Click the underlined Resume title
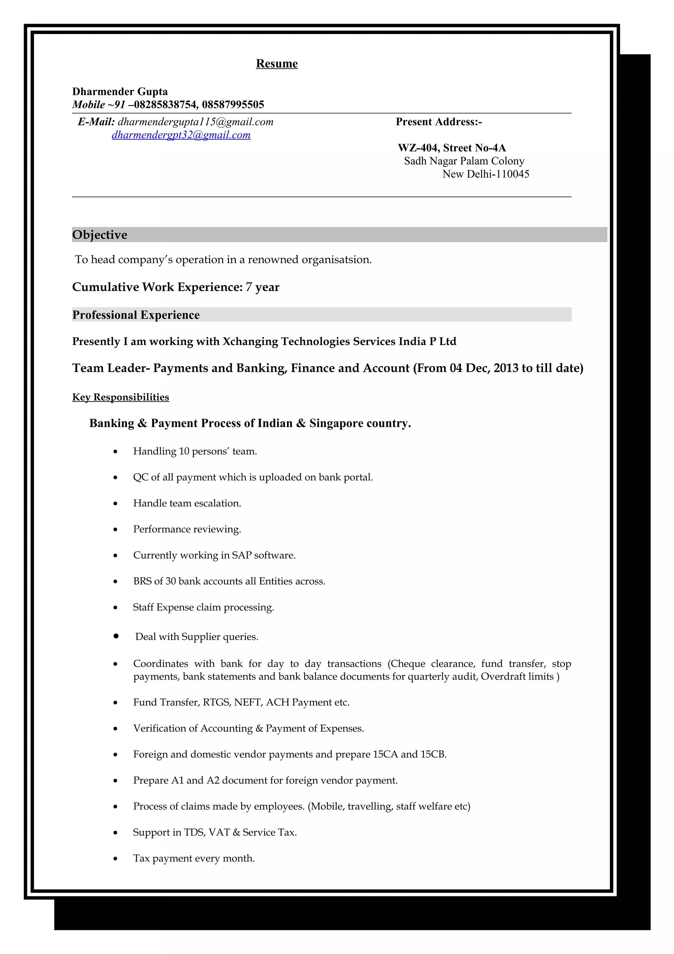[x=276, y=64]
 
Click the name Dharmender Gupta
[x=120, y=92]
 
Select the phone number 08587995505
[x=233, y=105]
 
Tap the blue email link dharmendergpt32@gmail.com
[x=181, y=135]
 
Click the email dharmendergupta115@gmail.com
[x=195, y=122]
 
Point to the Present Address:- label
[x=439, y=122]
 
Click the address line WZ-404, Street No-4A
[x=452, y=148]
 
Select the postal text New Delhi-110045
[x=485, y=174]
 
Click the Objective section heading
[x=100, y=235]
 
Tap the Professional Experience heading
[x=136, y=315]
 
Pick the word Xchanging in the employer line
[x=250, y=342]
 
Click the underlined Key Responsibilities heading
[x=120, y=397]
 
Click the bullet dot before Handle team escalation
[x=116, y=504]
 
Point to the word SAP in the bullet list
[x=241, y=556]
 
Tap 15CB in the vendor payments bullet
[x=433, y=755]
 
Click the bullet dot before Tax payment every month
[x=116, y=859]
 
